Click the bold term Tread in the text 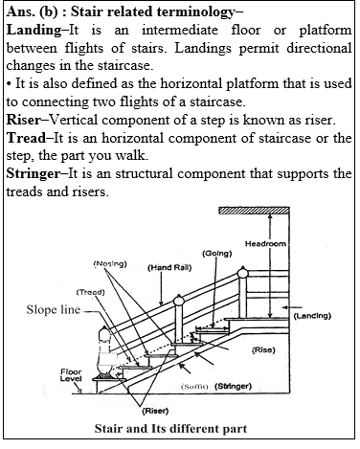click(28, 137)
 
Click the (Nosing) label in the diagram click(113, 261)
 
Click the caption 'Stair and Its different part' click(178, 428)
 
